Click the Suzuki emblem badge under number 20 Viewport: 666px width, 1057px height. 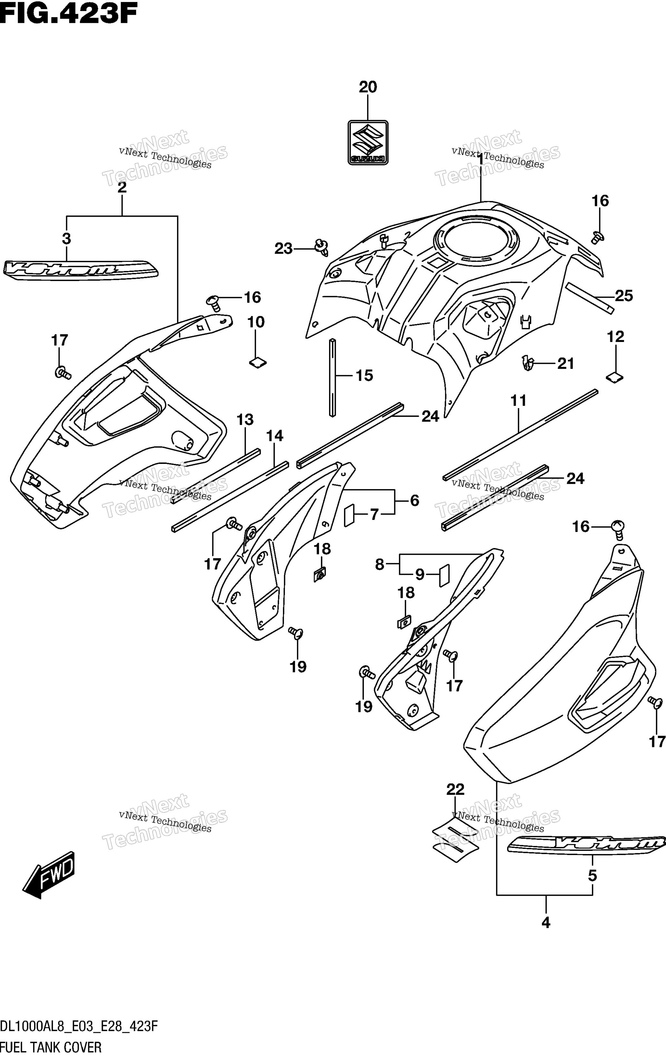pos(368,143)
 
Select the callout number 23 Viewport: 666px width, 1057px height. pos(283,249)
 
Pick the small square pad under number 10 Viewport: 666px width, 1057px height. pos(258,362)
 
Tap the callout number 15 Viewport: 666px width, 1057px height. pos(364,376)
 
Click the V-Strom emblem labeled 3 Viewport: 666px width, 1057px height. pos(80,269)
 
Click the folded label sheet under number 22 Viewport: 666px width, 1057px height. pos(455,840)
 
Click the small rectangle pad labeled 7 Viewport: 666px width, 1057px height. pos(349,515)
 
